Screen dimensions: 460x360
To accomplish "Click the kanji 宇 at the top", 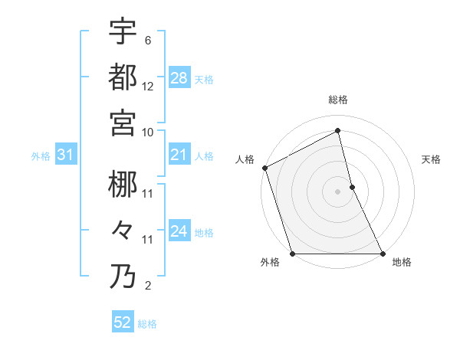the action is [123, 31].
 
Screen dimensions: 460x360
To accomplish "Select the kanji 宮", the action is [123, 122].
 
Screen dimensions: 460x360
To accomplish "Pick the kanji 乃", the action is [123, 275].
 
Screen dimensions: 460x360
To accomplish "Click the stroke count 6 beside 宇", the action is [148, 41].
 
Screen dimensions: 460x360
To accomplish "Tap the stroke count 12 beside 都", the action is [148, 87].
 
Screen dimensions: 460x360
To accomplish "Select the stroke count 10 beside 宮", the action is [148, 132].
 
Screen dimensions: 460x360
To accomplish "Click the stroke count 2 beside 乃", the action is [148, 286].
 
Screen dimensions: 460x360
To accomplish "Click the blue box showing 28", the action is [179, 78].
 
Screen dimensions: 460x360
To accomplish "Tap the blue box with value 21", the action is [179, 155].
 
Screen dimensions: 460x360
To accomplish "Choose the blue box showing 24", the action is [179, 232].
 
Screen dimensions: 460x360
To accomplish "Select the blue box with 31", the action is [66, 155].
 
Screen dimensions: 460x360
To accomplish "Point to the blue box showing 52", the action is [123, 322].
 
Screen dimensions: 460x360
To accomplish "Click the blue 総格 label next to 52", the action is [147, 324].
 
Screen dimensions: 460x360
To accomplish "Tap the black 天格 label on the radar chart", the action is [432, 159].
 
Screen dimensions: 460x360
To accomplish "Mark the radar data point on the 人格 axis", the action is [264, 168].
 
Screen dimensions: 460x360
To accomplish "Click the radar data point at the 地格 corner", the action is [383, 254].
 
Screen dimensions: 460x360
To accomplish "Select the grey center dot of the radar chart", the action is [337, 191].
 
